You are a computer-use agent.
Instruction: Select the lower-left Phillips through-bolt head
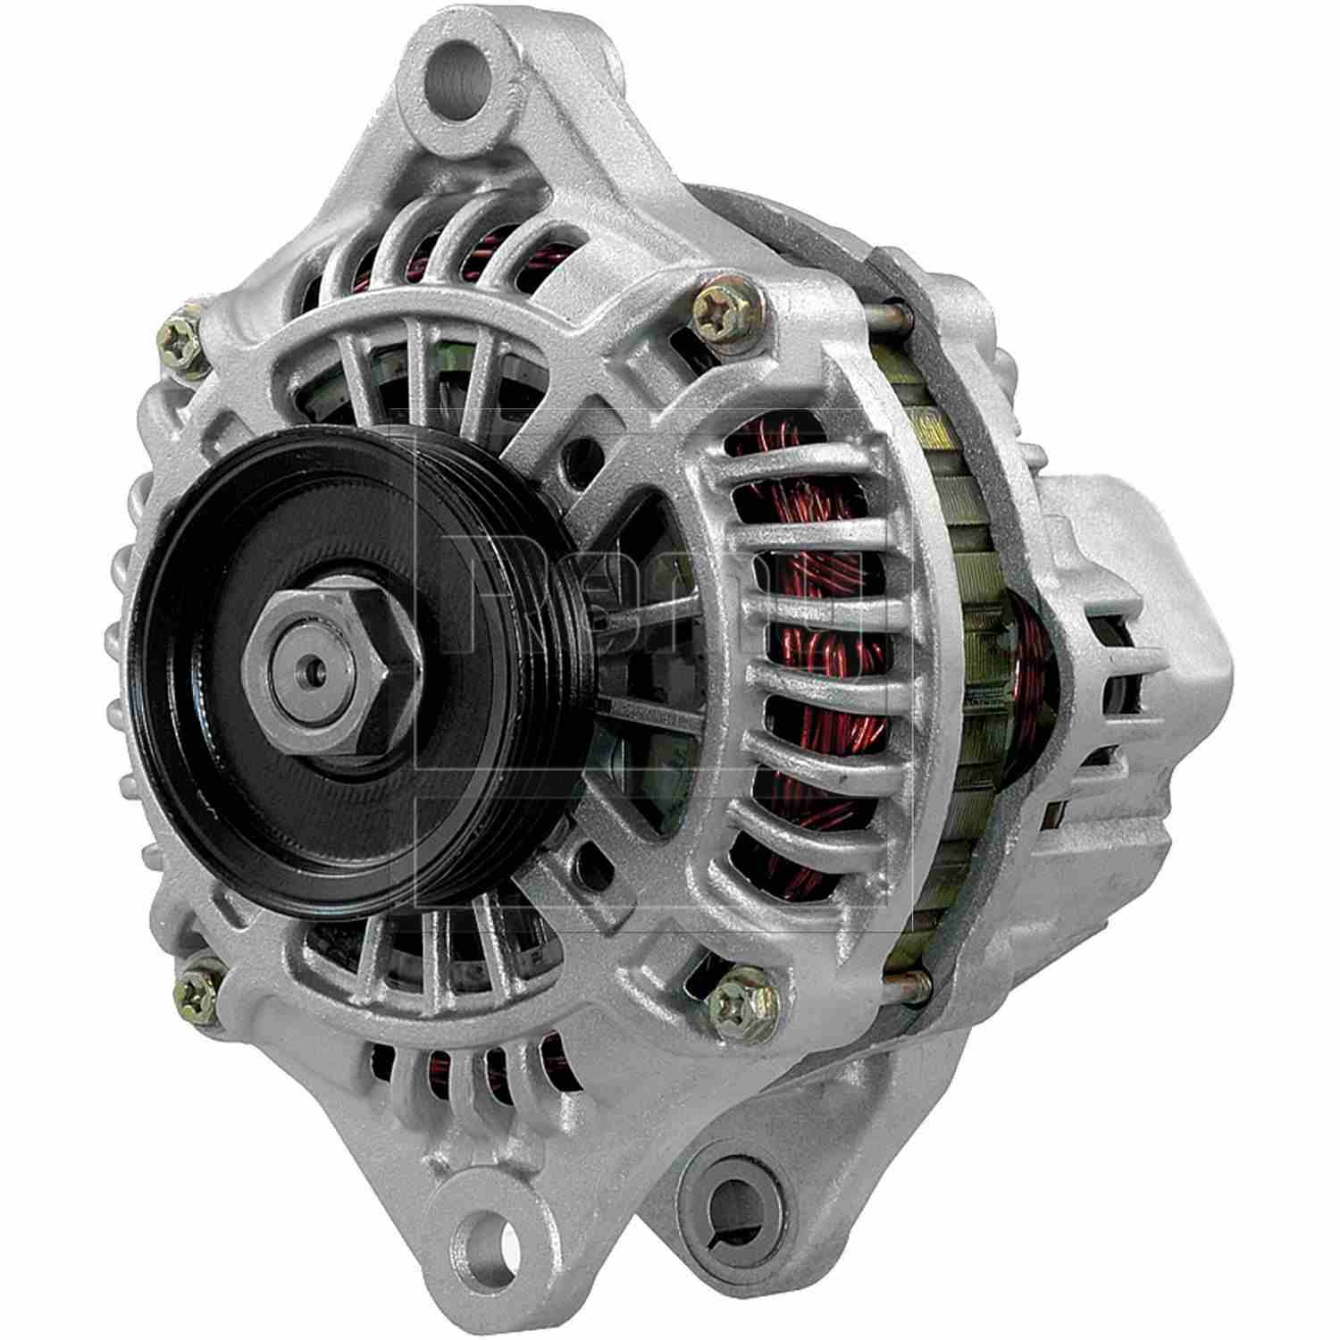pyautogui.click(x=201, y=985)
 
